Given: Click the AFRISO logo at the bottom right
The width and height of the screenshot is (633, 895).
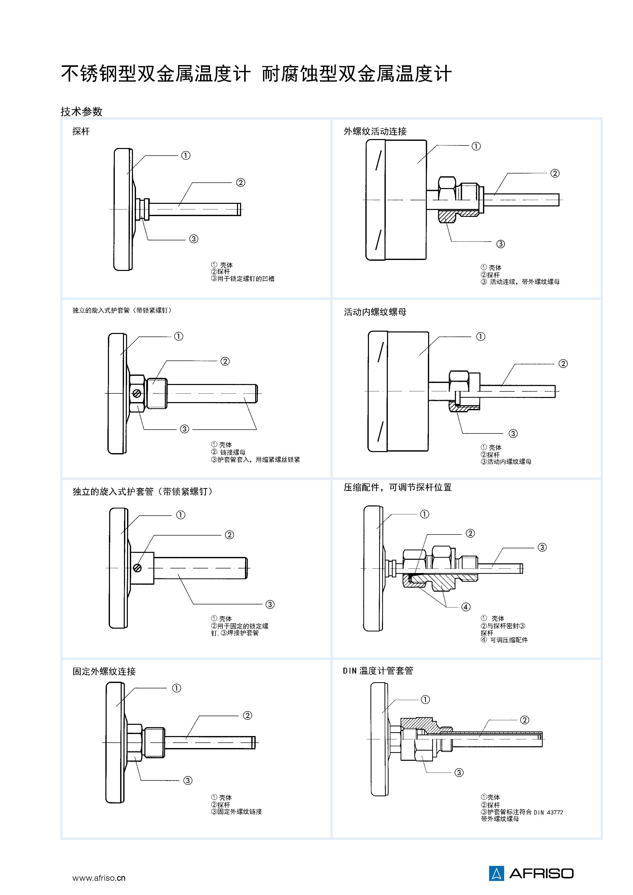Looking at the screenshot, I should click(x=531, y=873).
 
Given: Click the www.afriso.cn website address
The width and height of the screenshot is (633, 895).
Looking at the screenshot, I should click(x=99, y=878).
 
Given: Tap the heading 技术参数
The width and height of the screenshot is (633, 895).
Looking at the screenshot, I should click(x=81, y=111).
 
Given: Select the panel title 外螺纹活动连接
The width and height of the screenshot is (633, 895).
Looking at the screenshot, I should click(x=375, y=131).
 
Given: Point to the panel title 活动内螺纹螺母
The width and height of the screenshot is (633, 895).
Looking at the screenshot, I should click(x=375, y=312).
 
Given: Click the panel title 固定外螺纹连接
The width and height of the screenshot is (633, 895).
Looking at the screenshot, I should click(x=104, y=671).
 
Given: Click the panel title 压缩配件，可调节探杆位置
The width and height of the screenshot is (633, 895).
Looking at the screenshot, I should click(x=398, y=487).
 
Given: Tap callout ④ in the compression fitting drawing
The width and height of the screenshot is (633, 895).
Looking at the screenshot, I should click(x=466, y=607).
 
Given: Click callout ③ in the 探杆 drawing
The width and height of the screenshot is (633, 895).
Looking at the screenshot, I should click(x=194, y=239).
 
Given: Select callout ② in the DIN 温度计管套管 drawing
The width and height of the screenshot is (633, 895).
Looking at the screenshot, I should click(x=525, y=720).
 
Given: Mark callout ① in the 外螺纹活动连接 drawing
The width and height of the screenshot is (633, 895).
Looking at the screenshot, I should click(x=476, y=146).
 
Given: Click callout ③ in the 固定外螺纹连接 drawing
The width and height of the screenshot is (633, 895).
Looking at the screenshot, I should click(x=188, y=780).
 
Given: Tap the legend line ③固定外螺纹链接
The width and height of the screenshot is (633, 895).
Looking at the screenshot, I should click(x=237, y=812).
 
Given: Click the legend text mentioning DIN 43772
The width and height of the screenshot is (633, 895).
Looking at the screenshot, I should click(x=522, y=812).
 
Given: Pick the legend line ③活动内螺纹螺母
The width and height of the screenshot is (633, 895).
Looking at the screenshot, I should click(x=506, y=462).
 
